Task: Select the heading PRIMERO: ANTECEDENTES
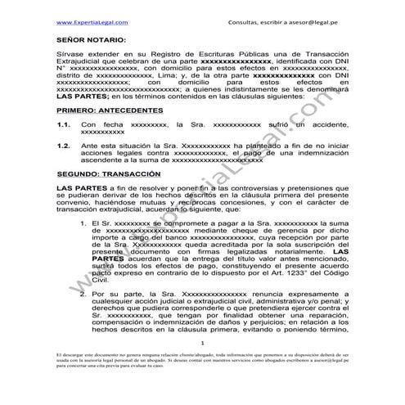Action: [x=110, y=110]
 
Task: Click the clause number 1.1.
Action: [x=63, y=124]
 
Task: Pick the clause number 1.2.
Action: [x=63, y=145]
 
